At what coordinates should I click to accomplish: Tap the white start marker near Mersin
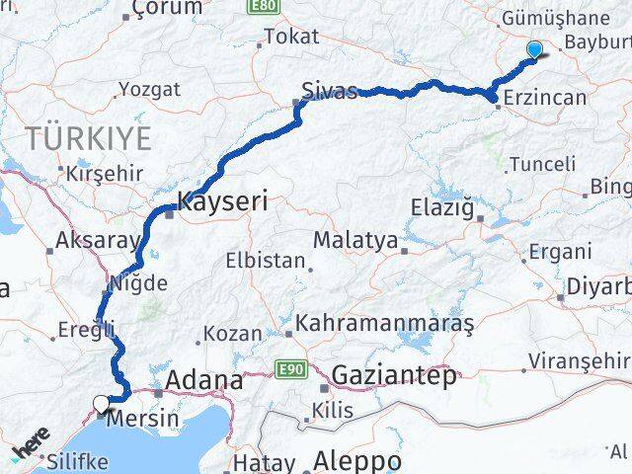[x=101, y=402]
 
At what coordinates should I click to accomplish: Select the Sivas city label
[x=331, y=93]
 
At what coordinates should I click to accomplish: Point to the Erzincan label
[x=544, y=98]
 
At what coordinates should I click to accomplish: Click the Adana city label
[x=204, y=379]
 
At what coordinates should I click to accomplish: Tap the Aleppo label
[x=357, y=461]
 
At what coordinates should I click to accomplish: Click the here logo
[x=29, y=447]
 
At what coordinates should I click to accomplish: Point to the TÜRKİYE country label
[x=89, y=137]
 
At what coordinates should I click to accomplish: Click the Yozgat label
[x=149, y=89]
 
